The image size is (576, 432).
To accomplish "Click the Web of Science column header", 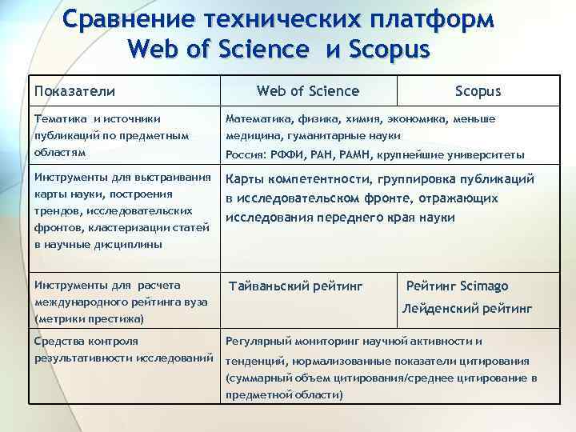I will tap(308, 90).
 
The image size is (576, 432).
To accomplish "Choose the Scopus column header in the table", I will tap(478, 90).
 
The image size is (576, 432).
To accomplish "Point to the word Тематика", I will tap(57, 119).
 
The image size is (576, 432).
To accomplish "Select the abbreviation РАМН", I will tap(358, 154).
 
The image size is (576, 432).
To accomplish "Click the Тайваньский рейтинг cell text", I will tap(296, 286).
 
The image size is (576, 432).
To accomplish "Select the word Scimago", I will tap(485, 286).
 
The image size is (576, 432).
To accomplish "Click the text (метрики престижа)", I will tap(89, 318).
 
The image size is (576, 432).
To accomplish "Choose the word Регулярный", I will tap(257, 342).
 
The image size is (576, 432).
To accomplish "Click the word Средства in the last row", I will tap(56, 342).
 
